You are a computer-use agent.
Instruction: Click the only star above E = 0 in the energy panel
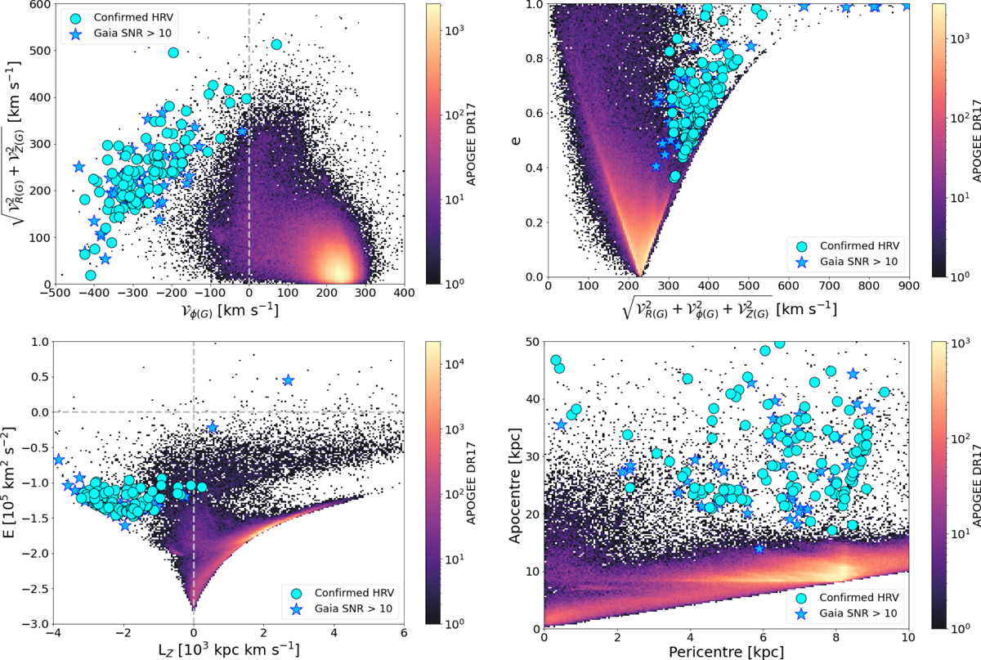[x=288, y=380]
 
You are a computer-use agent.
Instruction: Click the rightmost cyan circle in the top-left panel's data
[x=276, y=44]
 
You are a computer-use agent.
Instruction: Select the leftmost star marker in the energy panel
[x=58, y=460]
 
